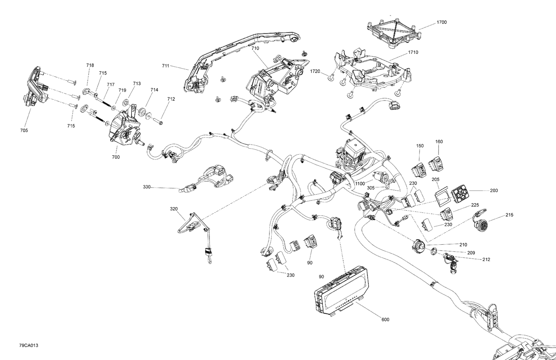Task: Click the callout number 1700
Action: [441, 22]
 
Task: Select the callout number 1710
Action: [413, 52]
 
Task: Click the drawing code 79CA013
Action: [29, 346]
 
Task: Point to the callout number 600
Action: [385, 320]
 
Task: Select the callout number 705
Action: [24, 131]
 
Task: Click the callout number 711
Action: [165, 66]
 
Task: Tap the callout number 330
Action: [147, 187]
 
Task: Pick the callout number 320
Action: [174, 209]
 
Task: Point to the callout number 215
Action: [509, 215]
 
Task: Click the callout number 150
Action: [420, 146]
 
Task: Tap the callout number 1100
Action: [360, 184]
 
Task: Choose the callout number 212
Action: [486, 260]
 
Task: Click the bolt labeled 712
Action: [158, 120]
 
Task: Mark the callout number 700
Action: [116, 157]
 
